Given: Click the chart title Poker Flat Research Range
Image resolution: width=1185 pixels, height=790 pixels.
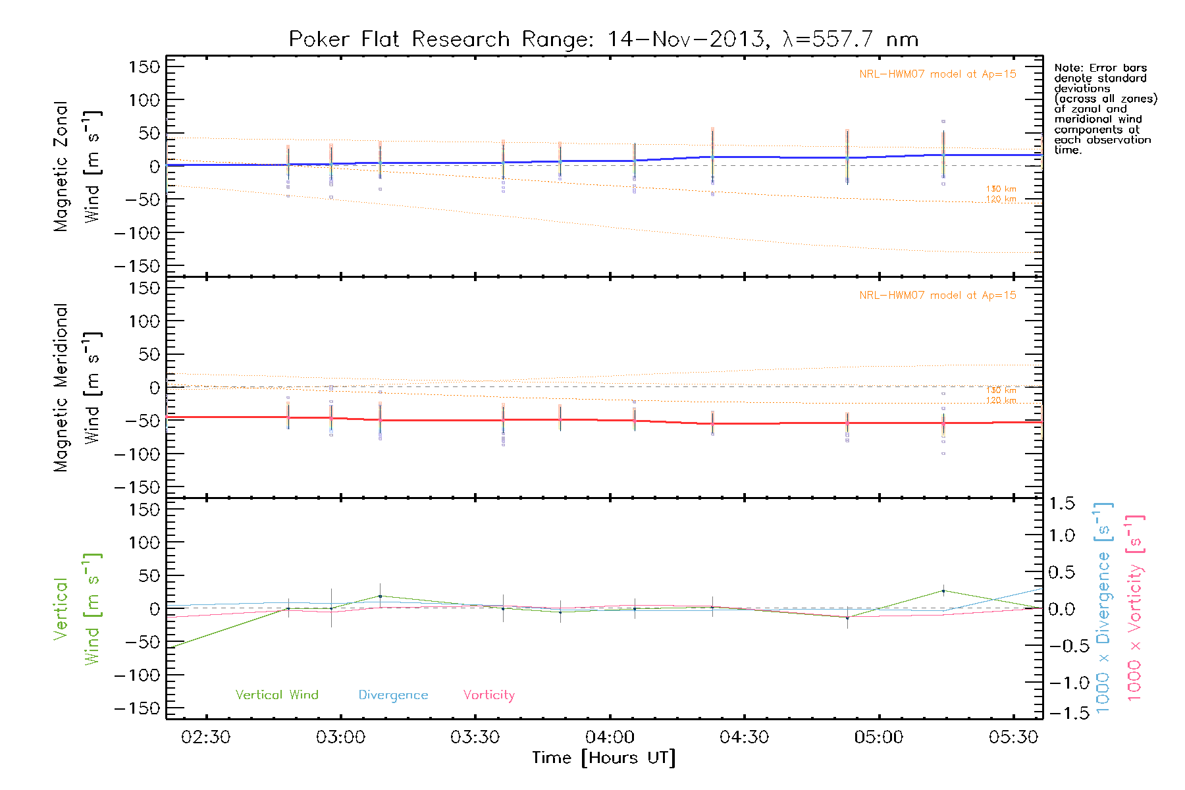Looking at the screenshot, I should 603,39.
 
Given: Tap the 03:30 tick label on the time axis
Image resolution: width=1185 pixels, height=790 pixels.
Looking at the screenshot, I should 475,737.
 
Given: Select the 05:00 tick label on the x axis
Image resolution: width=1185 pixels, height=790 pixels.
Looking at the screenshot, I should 879,737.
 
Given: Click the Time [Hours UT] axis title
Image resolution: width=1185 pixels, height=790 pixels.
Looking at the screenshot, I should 604,758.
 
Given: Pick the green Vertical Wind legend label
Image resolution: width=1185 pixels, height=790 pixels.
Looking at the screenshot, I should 276,695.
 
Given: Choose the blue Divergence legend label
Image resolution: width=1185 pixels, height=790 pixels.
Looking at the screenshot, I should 393,695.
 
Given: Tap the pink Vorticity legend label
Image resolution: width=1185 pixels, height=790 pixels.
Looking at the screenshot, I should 488,695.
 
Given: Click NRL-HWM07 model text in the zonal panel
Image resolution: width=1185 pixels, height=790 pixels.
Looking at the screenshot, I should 937,74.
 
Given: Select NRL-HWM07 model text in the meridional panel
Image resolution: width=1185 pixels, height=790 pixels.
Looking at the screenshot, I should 937,296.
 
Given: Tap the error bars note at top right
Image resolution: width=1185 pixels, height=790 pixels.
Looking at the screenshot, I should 1105,109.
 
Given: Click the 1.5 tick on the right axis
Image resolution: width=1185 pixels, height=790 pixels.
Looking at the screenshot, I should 1062,504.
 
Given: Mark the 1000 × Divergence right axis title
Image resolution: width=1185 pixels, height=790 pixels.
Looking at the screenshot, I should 1103,607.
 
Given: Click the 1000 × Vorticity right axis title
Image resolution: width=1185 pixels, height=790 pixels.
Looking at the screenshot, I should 1134,607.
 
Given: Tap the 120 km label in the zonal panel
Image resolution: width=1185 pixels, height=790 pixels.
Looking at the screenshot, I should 1001,199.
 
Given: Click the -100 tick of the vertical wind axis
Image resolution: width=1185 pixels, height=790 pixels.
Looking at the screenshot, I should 138,675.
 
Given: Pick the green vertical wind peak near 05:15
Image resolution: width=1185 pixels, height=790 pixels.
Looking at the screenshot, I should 943,591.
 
